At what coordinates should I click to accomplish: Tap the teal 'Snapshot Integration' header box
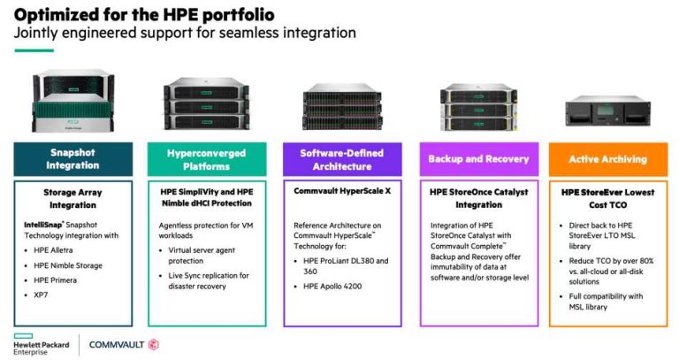[x=72, y=159]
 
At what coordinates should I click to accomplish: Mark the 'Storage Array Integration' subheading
[x=72, y=198]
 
